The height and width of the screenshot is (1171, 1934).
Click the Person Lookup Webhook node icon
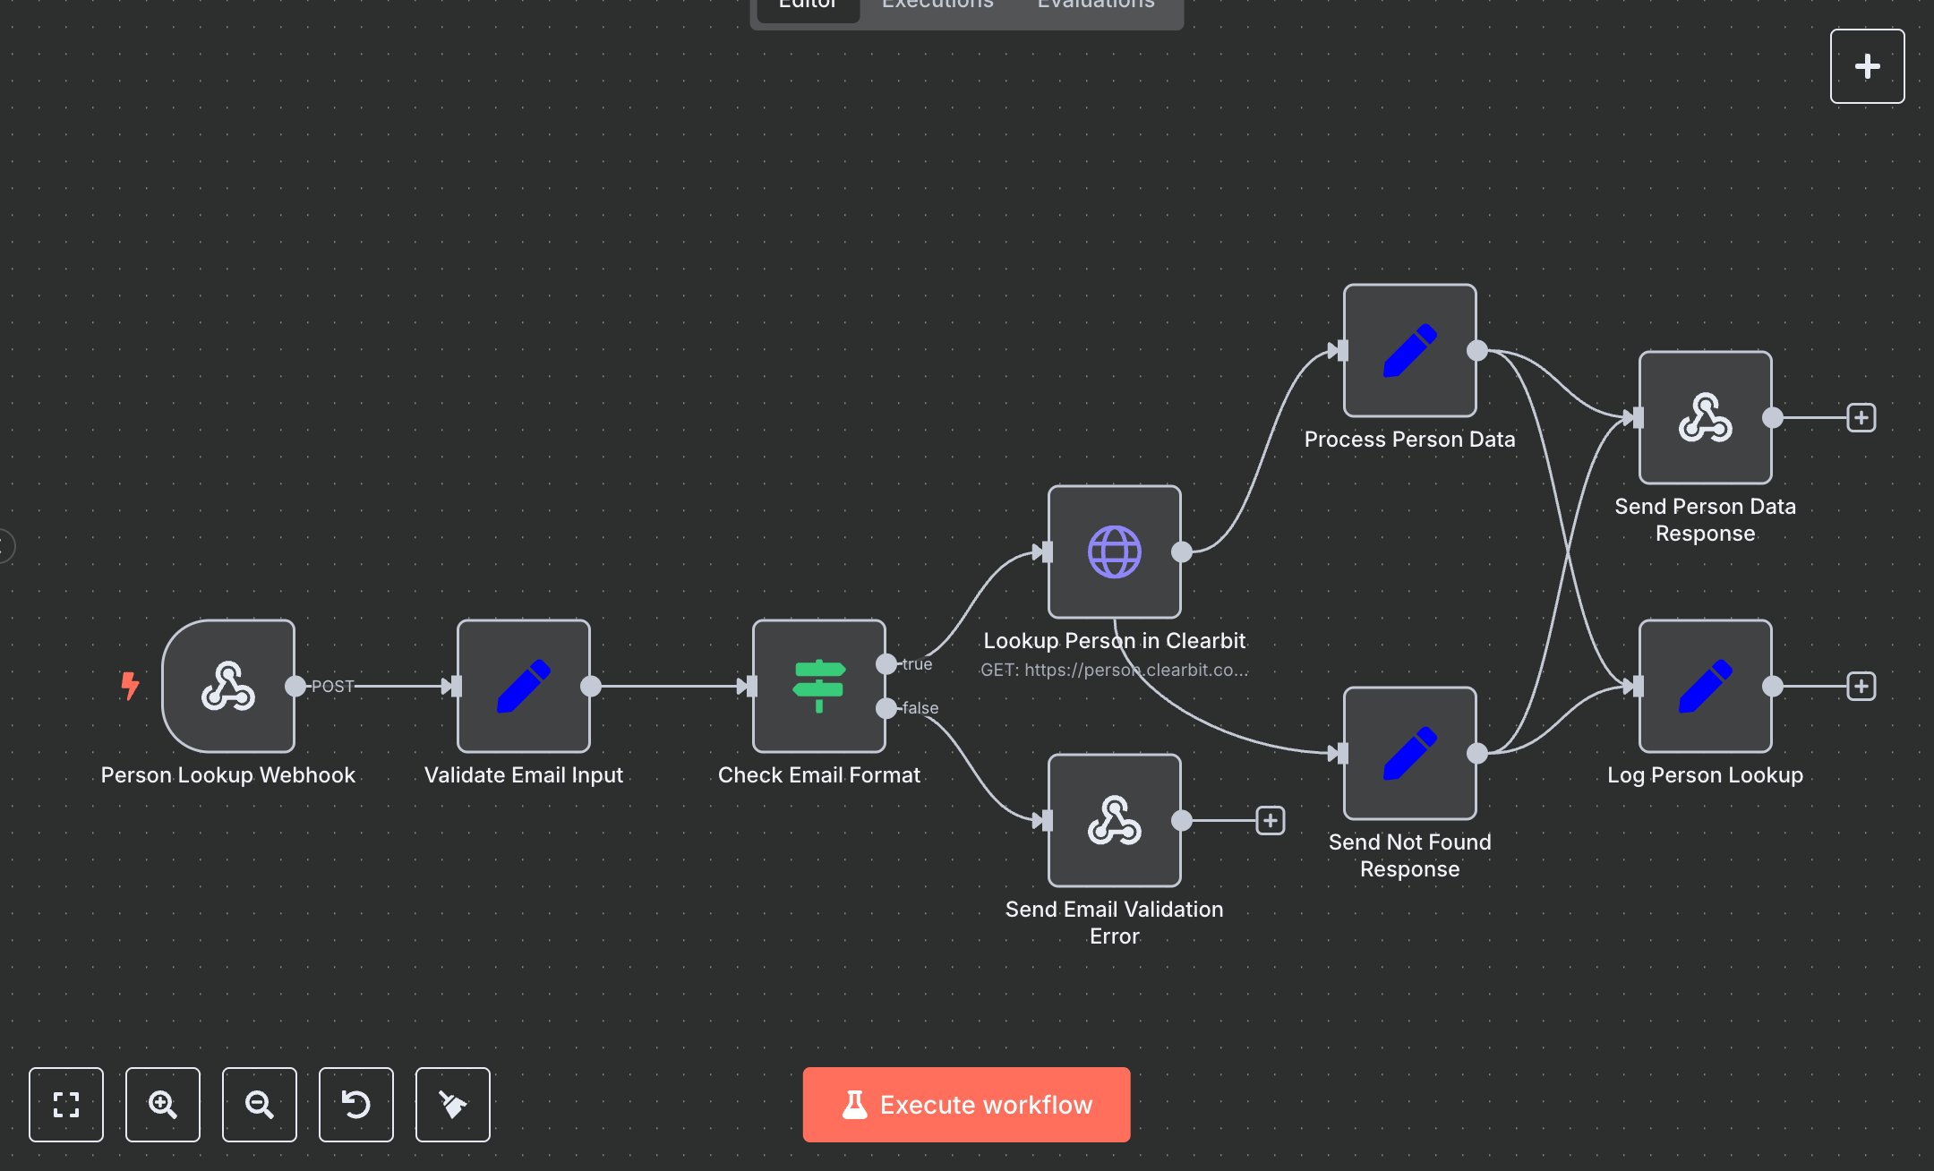click(x=228, y=686)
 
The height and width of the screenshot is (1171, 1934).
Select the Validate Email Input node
click(x=524, y=686)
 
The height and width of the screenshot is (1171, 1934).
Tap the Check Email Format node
click(x=819, y=686)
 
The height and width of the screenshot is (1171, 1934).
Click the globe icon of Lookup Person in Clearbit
click(x=1115, y=551)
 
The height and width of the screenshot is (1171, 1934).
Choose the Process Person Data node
click(x=1410, y=350)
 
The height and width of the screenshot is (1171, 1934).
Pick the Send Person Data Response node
click(x=1706, y=417)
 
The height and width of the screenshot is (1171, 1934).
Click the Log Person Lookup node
click(x=1706, y=686)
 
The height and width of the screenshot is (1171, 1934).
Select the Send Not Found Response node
click(x=1410, y=753)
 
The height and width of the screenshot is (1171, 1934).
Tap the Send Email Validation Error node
click(x=1115, y=820)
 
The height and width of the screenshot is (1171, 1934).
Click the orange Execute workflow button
click(x=966, y=1105)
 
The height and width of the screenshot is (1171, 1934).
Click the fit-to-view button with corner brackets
click(x=66, y=1105)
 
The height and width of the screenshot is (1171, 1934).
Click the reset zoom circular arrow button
click(x=356, y=1105)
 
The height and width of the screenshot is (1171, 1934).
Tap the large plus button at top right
click(x=1867, y=66)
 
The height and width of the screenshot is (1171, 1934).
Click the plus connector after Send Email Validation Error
click(x=1271, y=820)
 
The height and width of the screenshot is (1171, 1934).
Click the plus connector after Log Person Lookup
click(x=1861, y=686)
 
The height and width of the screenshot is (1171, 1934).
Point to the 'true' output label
click(x=918, y=663)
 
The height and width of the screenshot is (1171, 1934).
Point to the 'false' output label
click(x=920, y=707)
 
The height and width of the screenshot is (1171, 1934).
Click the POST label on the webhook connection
click(x=332, y=686)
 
